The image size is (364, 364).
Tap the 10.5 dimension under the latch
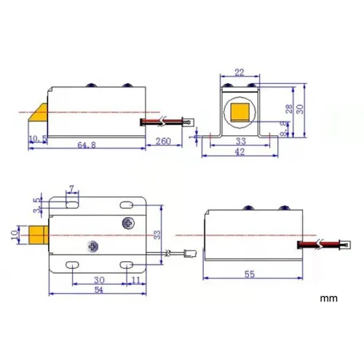pos(36,138)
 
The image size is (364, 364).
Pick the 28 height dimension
pos(289,108)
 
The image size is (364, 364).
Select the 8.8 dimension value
pos(283,127)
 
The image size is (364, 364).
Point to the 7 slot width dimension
pos(71,190)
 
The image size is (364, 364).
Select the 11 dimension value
pos(136,280)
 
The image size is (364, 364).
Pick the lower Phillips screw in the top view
pos(91,247)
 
